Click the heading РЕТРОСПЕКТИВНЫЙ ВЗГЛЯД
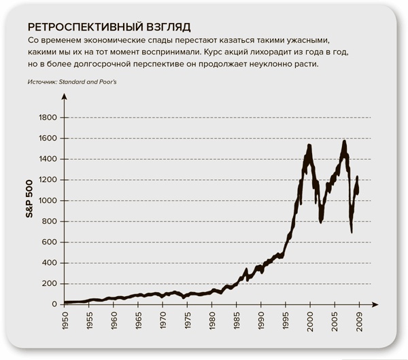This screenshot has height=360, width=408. [107, 27]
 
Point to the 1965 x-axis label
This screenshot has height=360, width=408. [138, 322]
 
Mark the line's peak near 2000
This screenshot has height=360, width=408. [309, 145]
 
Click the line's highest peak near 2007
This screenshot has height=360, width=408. [345, 141]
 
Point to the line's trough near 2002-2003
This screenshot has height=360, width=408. [321, 221]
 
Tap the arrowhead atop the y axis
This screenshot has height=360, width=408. [64, 97]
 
